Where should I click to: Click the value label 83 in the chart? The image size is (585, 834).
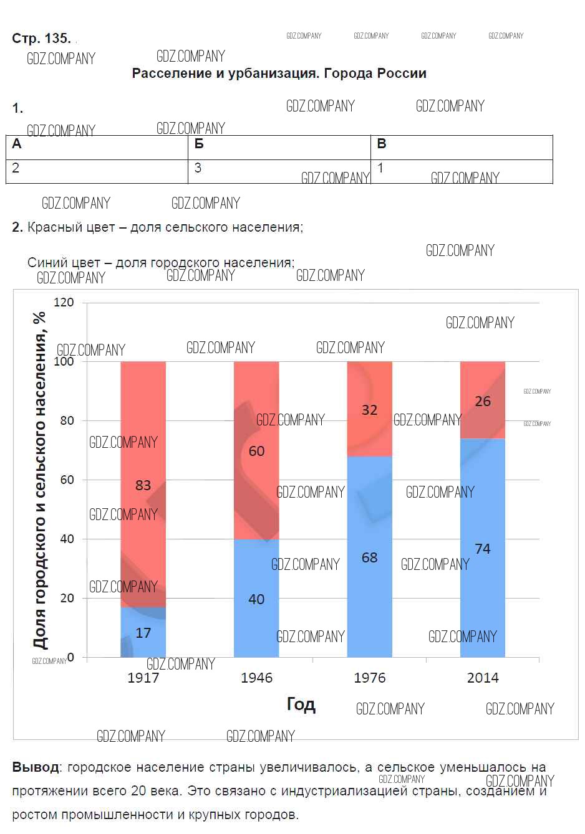[143, 485]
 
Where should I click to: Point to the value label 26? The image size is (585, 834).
[483, 402]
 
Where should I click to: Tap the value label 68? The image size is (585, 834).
[370, 557]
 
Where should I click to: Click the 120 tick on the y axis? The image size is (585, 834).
[64, 303]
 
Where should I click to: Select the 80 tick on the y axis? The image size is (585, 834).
[67, 420]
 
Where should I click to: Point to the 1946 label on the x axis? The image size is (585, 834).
[256, 678]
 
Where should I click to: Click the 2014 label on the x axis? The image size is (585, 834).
[483, 678]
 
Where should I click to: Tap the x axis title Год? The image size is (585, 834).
[301, 704]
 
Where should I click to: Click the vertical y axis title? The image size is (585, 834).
[40, 480]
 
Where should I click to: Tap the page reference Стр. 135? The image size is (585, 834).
[41, 39]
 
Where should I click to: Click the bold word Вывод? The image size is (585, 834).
[36, 767]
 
